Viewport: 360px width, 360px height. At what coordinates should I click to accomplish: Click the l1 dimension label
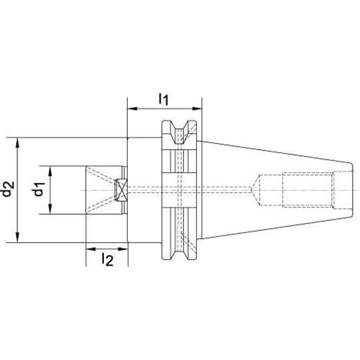164,99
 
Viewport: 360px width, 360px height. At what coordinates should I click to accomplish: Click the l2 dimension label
107,260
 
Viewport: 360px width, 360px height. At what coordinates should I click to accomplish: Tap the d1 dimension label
39,189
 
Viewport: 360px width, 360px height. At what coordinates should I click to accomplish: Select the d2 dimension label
7,189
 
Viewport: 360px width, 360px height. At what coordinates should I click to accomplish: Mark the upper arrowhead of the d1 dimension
51,171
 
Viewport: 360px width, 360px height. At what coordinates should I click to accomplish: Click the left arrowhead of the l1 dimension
132,108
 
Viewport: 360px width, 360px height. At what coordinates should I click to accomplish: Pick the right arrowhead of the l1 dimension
197,108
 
